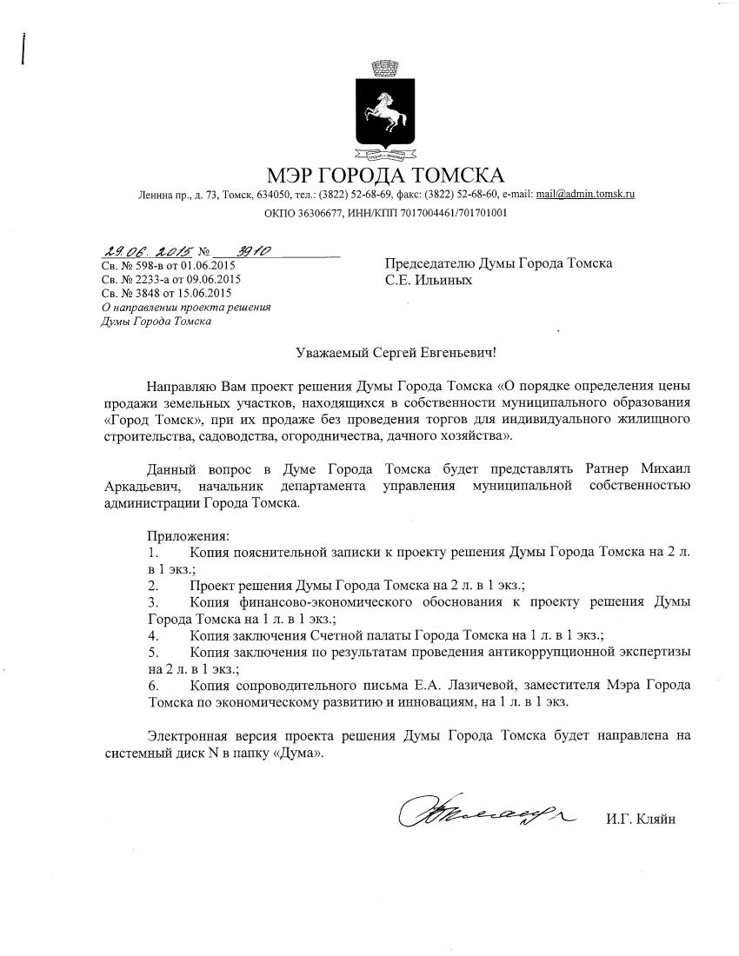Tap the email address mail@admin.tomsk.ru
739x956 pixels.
click(x=585, y=195)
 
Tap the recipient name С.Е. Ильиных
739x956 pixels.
click(x=429, y=281)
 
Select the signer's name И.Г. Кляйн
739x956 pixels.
click(x=641, y=820)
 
